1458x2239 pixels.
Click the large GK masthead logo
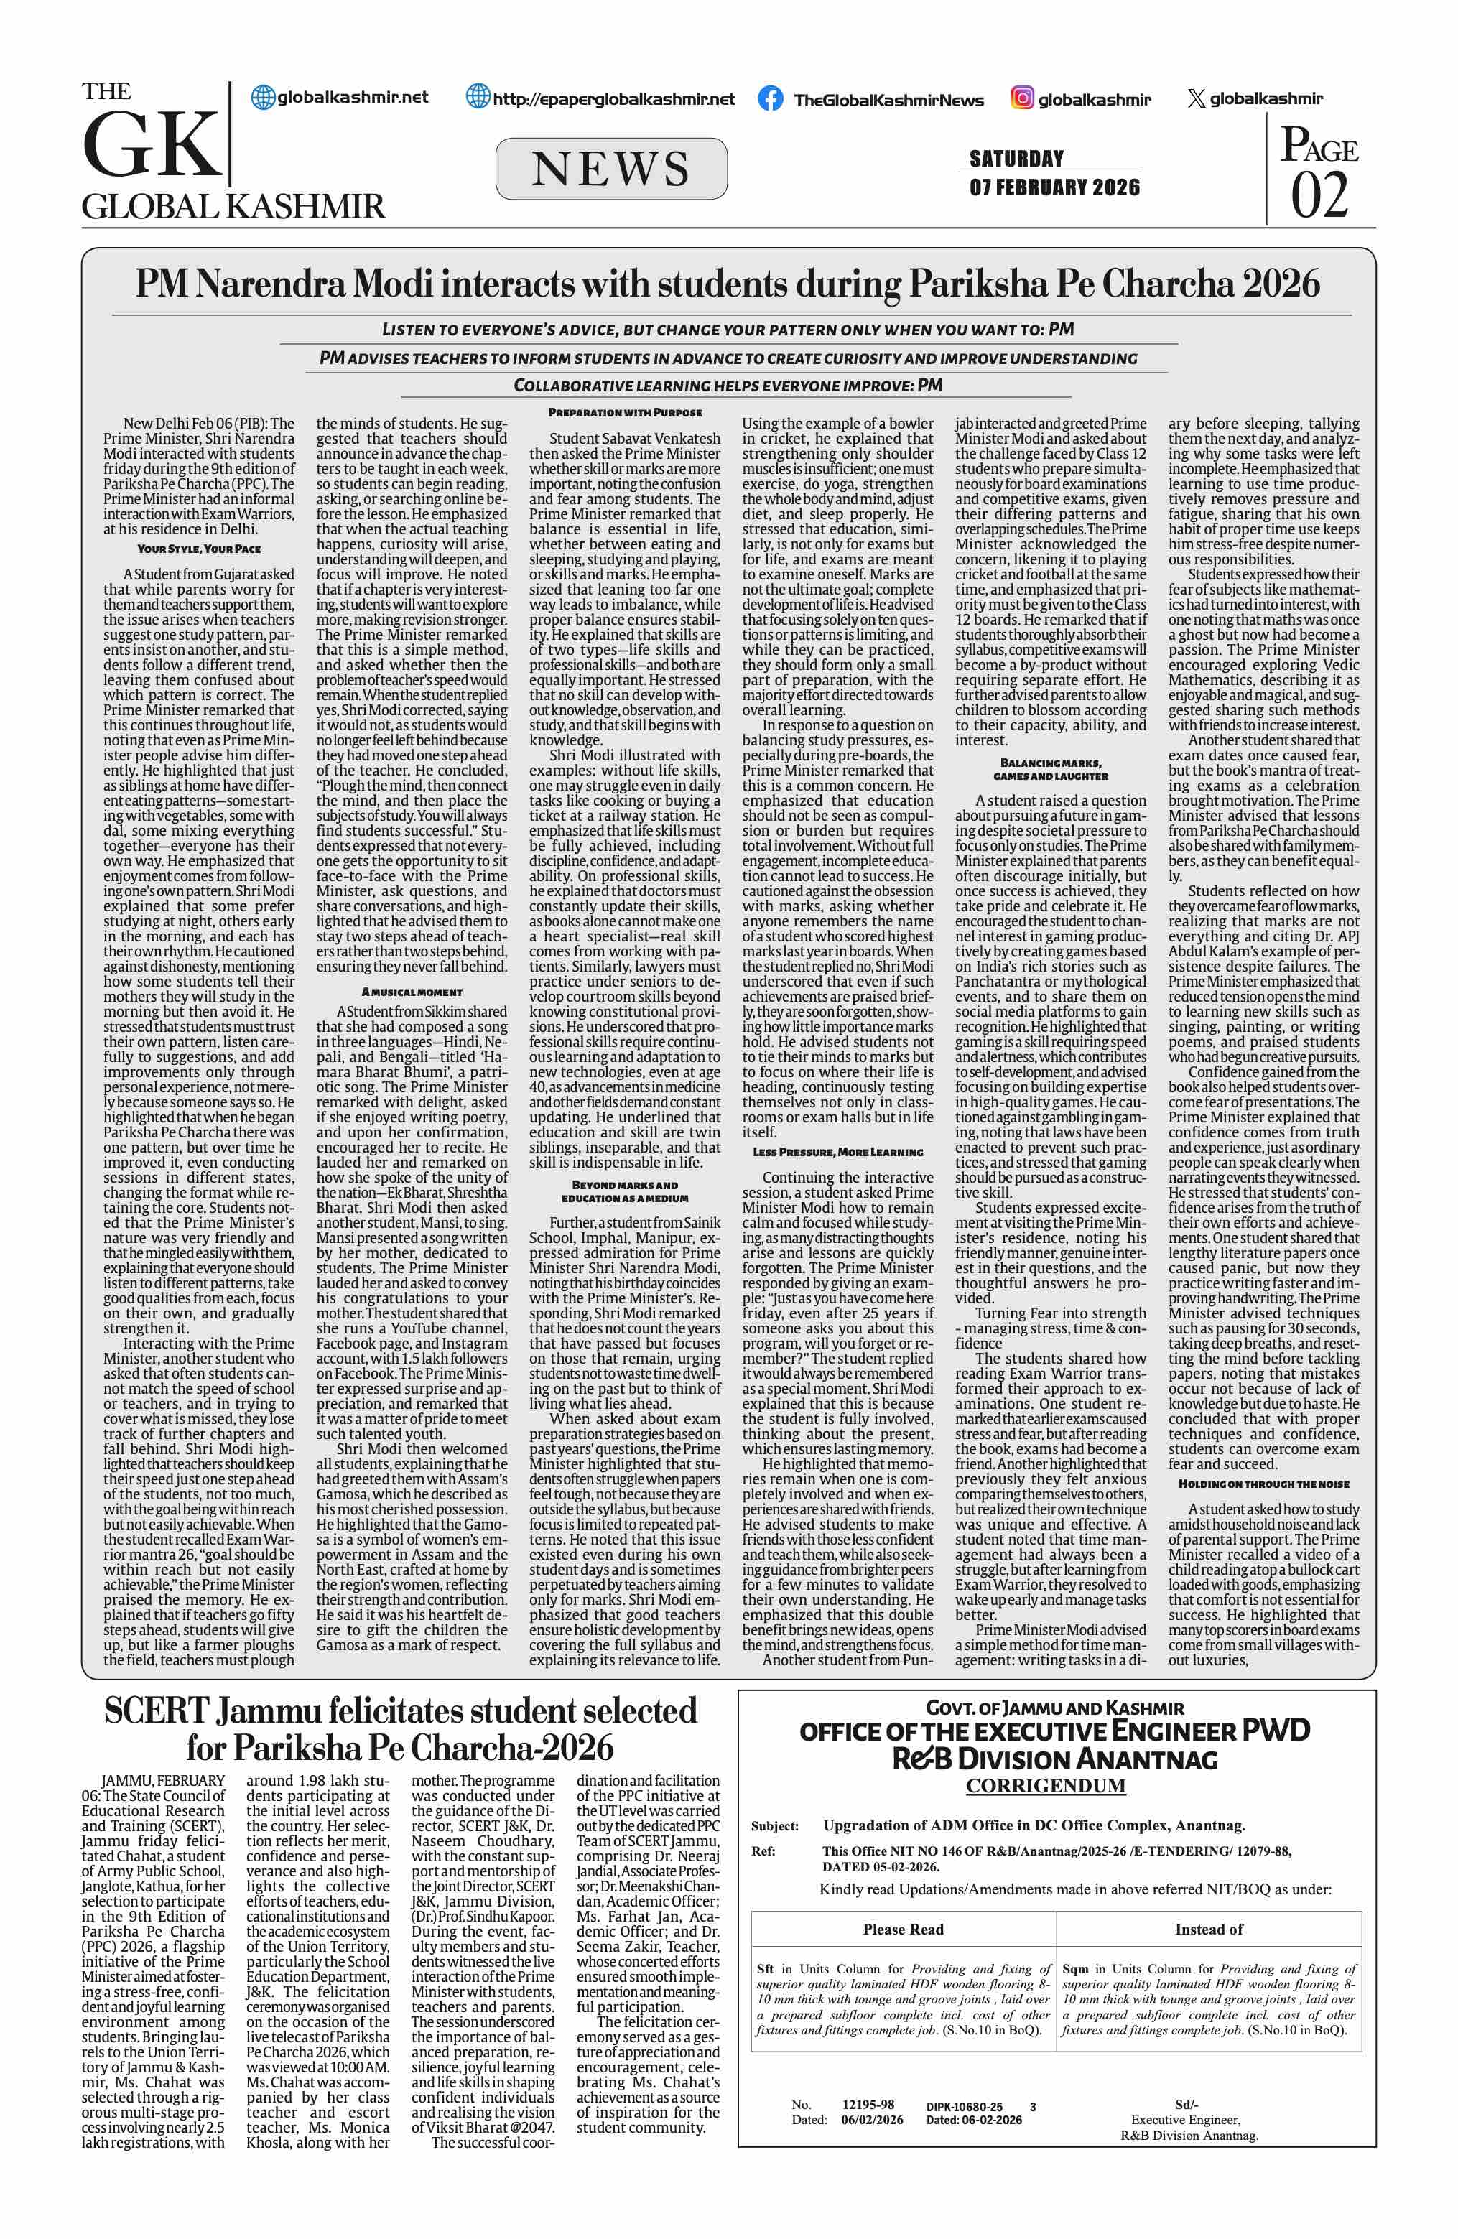(x=151, y=146)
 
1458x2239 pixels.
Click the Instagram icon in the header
(x=1023, y=98)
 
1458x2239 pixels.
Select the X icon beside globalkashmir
(x=1196, y=99)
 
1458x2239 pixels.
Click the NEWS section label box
(x=610, y=169)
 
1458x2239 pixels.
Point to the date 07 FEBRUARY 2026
(x=1054, y=187)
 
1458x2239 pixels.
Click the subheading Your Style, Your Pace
(x=198, y=549)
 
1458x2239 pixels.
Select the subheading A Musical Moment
(x=412, y=992)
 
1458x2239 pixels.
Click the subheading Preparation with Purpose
(x=625, y=412)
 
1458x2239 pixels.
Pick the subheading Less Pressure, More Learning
(x=837, y=1152)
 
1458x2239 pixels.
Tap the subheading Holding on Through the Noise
(x=1263, y=1484)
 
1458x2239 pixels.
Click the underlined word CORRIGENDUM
(x=1045, y=1786)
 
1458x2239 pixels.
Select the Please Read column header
(x=903, y=1929)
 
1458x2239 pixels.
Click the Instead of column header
(x=1209, y=1929)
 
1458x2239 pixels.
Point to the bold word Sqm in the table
(x=1074, y=1968)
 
